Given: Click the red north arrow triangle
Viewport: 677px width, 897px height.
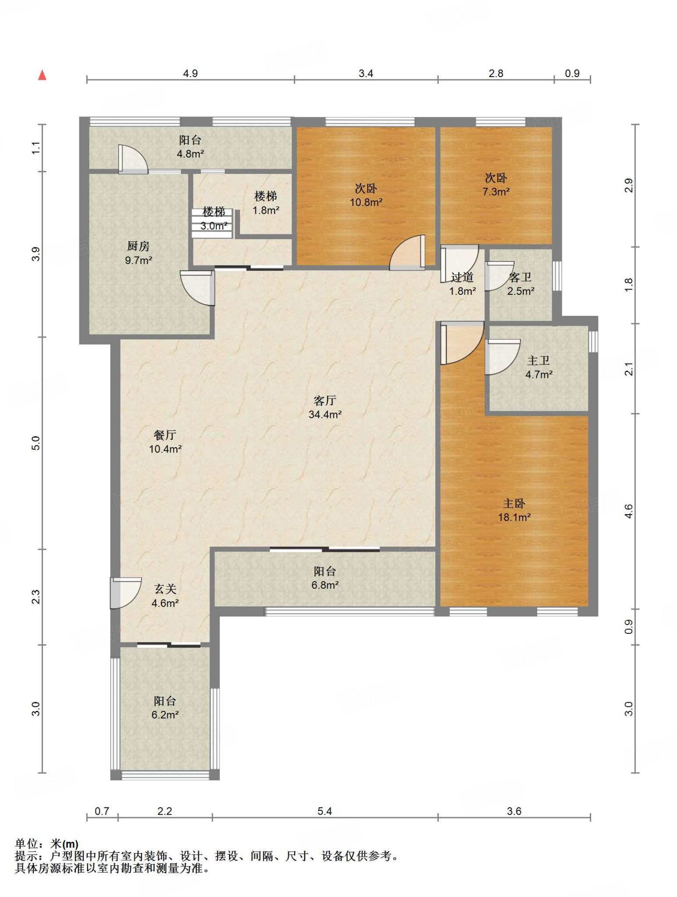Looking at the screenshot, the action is (42, 75).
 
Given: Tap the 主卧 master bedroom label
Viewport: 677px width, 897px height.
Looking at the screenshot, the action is (514, 503).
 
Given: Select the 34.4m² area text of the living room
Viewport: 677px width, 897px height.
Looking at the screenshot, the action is (325, 414).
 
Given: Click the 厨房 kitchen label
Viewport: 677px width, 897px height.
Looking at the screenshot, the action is (138, 246).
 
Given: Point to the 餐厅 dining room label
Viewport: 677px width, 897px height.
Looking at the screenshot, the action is (165, 435).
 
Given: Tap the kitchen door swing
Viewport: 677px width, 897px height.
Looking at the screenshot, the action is (197, 288).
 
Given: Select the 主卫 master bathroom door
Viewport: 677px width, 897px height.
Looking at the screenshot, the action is (502, 357).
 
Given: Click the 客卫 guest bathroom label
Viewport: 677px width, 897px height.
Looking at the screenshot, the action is (520, 277).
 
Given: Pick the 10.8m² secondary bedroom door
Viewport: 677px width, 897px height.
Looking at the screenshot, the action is (407, 253).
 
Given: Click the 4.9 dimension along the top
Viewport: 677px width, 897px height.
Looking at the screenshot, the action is (190, 73).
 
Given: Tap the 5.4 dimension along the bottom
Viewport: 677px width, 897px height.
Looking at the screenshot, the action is (325, 811).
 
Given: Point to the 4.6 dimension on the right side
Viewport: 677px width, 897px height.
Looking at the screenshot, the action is (629, 511).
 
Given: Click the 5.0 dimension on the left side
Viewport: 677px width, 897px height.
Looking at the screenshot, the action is (36, 443).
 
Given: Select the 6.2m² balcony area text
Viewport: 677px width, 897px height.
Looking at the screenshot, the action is (165, 715).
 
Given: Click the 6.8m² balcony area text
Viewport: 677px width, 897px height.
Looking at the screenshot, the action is (325, 585).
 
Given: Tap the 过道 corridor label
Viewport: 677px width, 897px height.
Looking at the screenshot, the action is (462, 277).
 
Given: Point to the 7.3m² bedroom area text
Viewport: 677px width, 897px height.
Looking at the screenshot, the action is (496, 191).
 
